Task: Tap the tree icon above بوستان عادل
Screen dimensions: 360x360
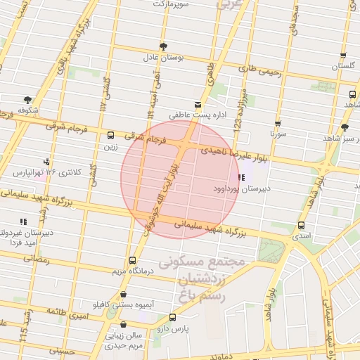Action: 164,46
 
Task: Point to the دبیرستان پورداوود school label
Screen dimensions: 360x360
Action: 242,188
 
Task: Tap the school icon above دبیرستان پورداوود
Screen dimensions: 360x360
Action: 242,177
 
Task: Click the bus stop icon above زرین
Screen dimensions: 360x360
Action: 111,135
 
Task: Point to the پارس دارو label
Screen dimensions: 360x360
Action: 171,328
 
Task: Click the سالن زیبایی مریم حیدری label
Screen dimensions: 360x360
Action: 124,340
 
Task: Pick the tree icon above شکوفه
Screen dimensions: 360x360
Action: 27,99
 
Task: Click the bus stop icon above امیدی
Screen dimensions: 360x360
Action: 302,225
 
